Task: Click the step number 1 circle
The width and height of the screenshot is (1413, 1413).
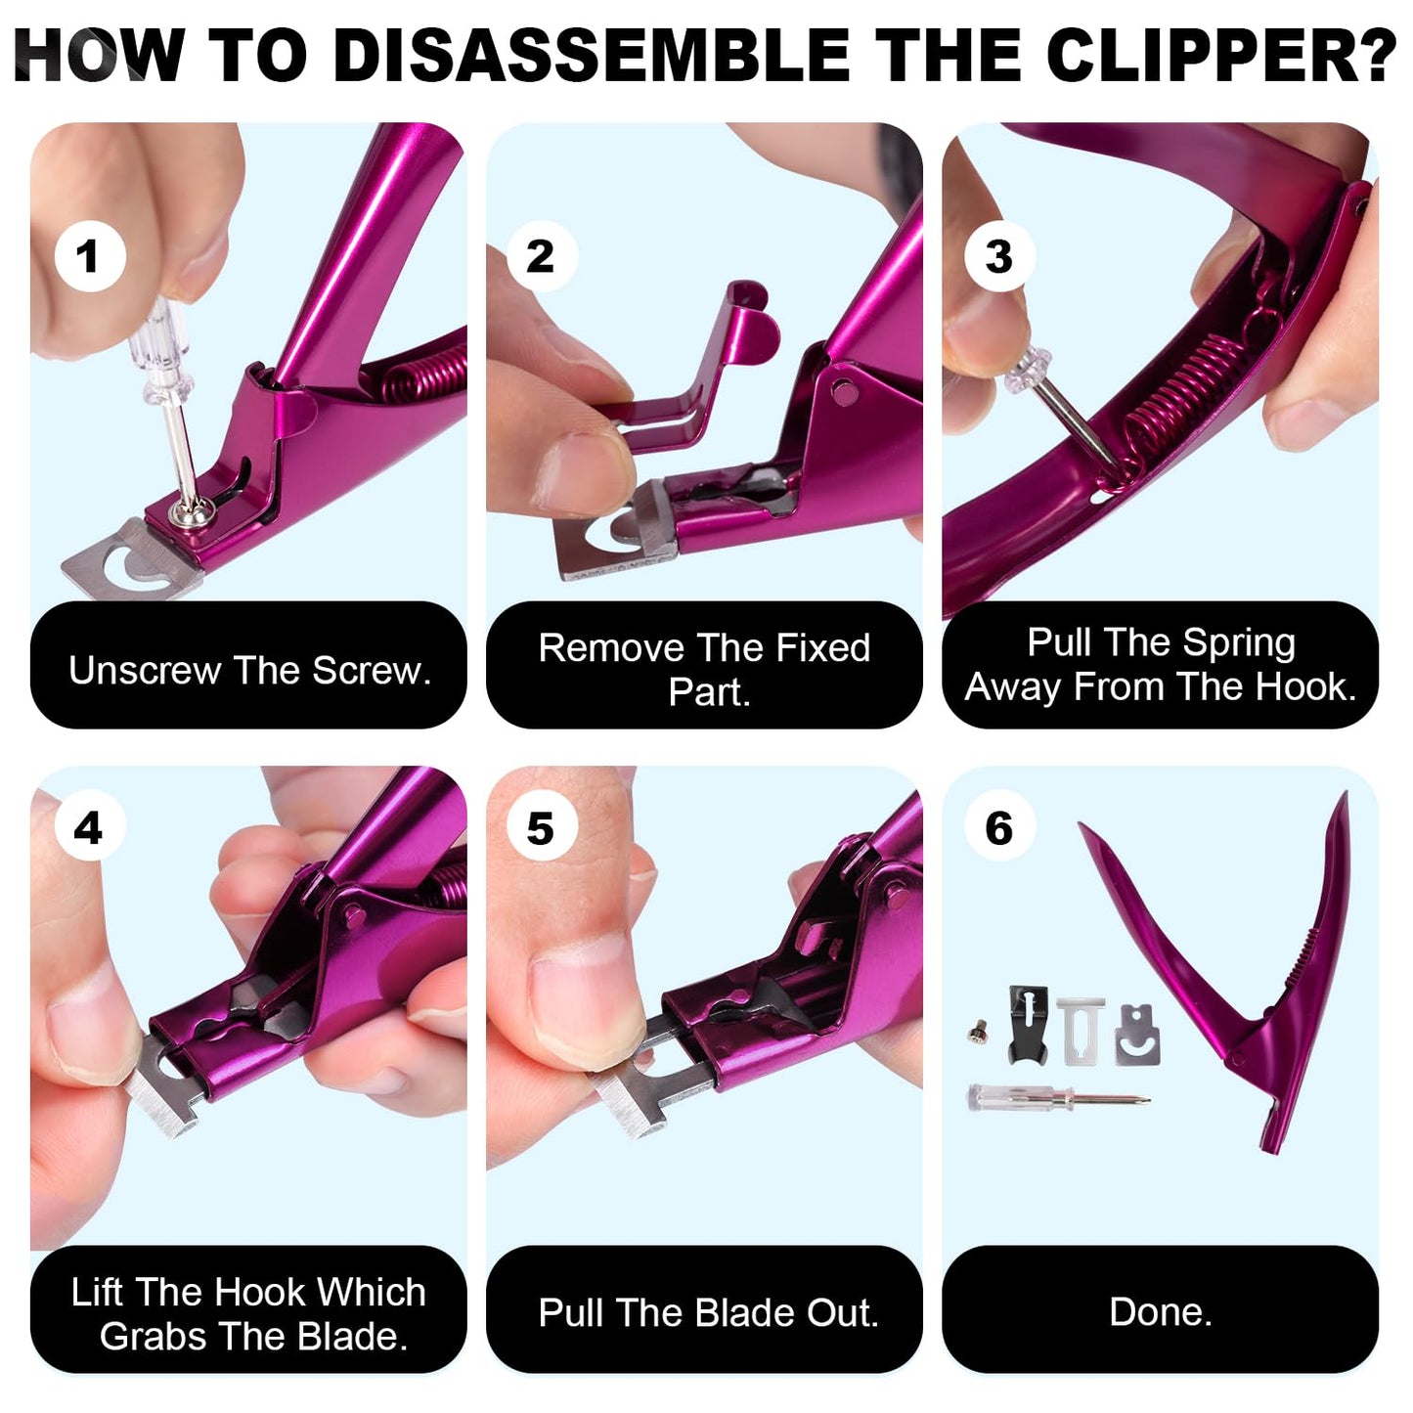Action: click(x=89, y=256)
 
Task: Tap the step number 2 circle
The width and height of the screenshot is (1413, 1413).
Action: click(x=541, y=256)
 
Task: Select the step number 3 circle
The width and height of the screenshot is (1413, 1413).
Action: click(x=998, y=256)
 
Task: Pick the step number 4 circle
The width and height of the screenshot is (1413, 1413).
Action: click(x=89, y=828)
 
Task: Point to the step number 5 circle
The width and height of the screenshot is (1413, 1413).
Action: click(x=541, y=828)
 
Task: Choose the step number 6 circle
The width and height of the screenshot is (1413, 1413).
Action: click(x=998, y=828)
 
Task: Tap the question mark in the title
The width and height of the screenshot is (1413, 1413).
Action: click(x=1378, y=56)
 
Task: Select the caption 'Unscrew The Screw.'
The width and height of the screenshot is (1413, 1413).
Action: click(x=249, y=671)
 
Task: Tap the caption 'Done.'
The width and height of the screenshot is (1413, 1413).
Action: click(x=1160, y=1311)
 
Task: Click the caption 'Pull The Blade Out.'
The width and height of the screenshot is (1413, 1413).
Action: click(x=708, y=1312)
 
